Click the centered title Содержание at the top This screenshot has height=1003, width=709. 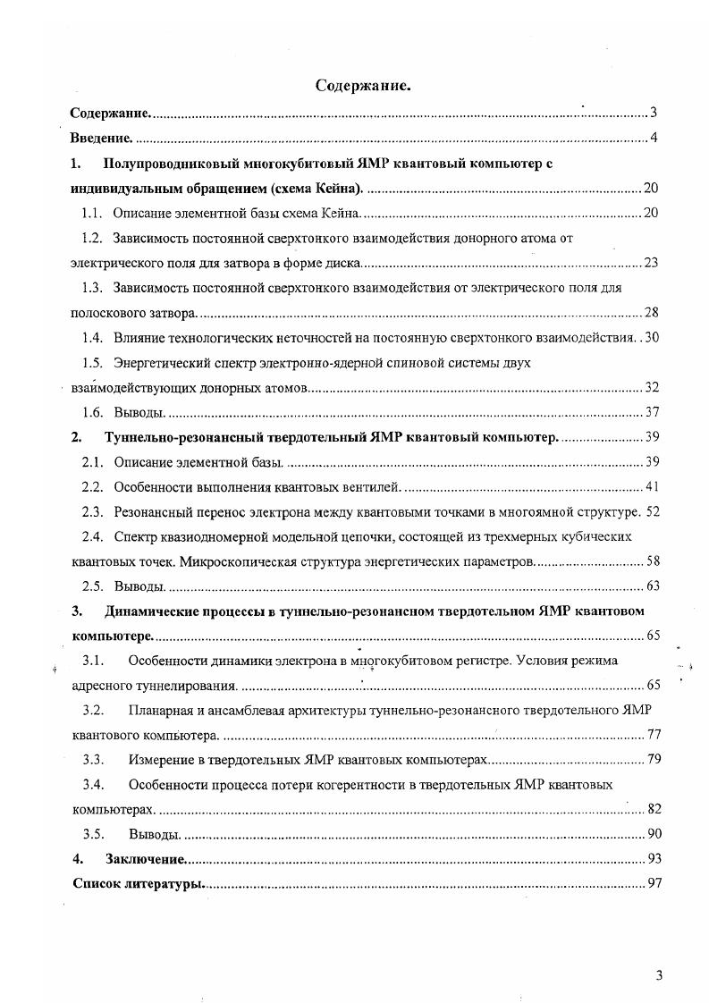pyautogui.click(x=363, y=86)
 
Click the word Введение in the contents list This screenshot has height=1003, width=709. pyautogui.click(x=101, y=139)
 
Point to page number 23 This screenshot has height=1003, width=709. pyautogui.click(x=651, y=264)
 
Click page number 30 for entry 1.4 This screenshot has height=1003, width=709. pyautogui.click(x=651, y=338)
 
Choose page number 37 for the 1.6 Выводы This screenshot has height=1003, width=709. pyautogui.click(x=651, y=412)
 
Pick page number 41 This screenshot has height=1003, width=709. pyautogui.click(x=651, y=487)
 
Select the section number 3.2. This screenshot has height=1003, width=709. pyautogui.click(x=94, y=710)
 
